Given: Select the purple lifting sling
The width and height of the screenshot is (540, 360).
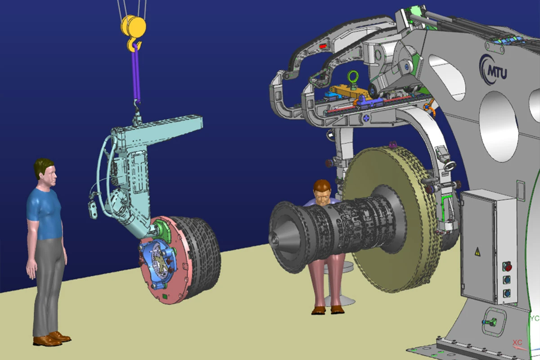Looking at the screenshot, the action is (x=136, y=72).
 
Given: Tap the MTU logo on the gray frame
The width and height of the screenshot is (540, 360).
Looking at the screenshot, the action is (x=493, y=70).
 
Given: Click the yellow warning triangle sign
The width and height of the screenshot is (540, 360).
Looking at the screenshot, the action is (x=477, y=252).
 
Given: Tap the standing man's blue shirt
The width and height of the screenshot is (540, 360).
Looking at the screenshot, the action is (x=45, y=214).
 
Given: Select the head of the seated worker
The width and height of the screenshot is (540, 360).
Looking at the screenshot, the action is (x=322, y=193).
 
